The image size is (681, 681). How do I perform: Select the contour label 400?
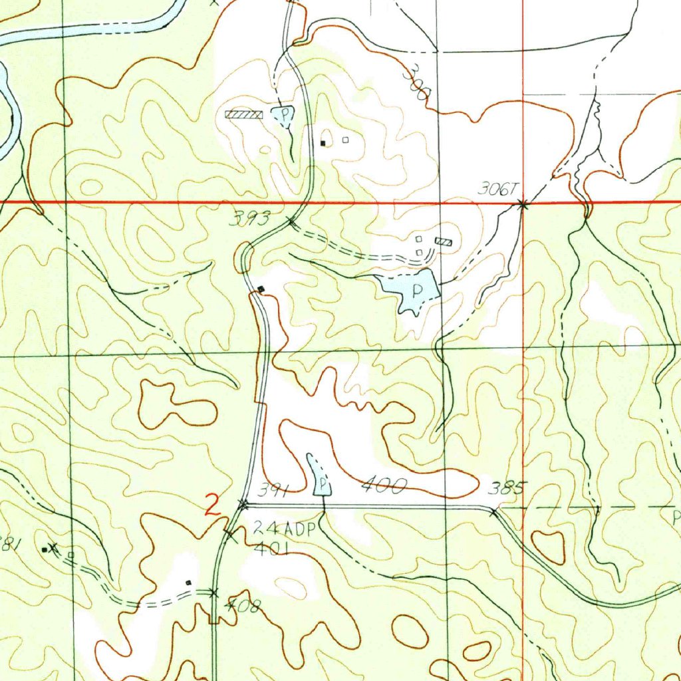(x=382, y=487)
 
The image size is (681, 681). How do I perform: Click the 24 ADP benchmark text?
(x=286, y=529)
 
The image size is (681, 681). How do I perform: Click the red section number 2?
(x=212, y=507)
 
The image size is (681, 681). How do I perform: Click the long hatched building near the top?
(x=244, y=114)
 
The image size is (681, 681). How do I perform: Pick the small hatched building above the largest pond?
(x=444, y=241)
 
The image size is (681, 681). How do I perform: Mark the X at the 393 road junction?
(x=290, y=219)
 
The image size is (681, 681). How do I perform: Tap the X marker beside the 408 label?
(x=213, y=592)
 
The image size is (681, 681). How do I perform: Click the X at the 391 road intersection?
(x=243, y=505)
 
